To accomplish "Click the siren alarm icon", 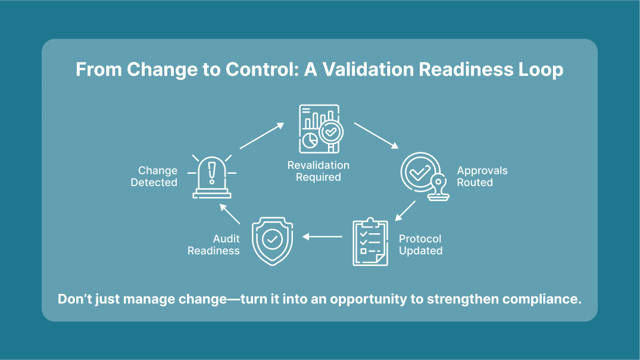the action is (x=212, y=176).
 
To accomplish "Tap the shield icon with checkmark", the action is (x=273, y=240).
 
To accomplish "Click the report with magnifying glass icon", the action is (x=320, y=129).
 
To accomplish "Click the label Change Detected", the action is (x=154, y=177).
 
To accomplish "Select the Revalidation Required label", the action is (x=319, y=171).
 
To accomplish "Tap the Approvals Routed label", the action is (x=482, y=177).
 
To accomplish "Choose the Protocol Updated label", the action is (x=420, y=245).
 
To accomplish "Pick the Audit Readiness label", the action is (x=214, y=245).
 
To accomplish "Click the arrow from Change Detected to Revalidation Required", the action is (x=262, y=136).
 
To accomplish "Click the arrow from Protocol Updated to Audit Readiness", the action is (x=322, y=237).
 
